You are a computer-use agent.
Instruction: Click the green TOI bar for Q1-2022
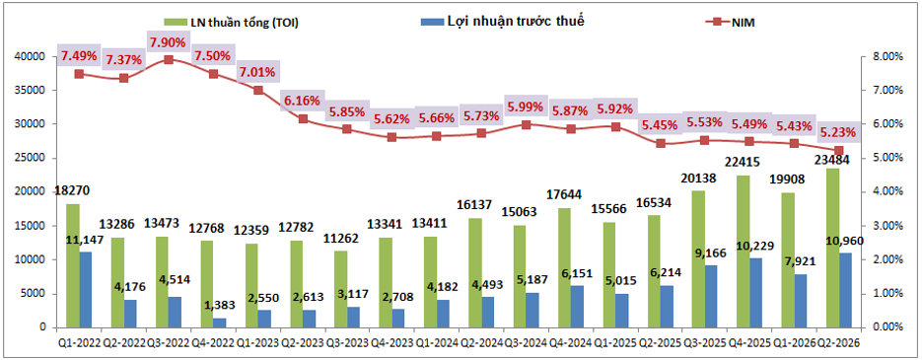tap(73, 265)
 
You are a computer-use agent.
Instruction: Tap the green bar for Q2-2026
tap(832, 248)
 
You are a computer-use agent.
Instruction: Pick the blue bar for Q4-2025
tap(756, 292)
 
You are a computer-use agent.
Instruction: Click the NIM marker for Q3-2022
tap(169, 59)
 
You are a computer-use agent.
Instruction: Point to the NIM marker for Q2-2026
tap(839, 151)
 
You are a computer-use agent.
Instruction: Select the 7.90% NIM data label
tap(169, 42)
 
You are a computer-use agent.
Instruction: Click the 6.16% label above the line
tap(303, 102)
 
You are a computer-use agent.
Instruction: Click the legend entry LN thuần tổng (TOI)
tap(232, 23)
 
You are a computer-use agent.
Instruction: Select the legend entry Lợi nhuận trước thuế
tap(503, 22)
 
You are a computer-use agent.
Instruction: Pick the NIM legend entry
tap(731, 23)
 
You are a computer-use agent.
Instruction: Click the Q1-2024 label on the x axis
tap(437, 342)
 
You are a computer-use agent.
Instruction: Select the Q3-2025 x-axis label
tap(704, 342)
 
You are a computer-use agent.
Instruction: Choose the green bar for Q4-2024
tap(564, 267)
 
